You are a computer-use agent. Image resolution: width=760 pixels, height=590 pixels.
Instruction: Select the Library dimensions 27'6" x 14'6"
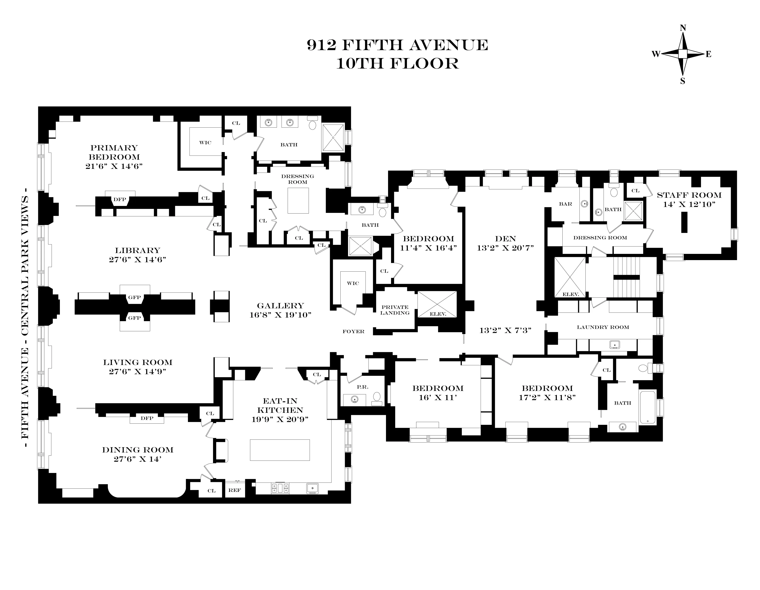tap(137, 259)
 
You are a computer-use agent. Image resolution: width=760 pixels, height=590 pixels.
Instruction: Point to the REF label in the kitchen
tap(234, 490)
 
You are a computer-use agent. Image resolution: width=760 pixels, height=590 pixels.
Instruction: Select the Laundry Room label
tap(603, 327)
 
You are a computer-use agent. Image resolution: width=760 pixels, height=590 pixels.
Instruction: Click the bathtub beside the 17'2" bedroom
tap(648, 407)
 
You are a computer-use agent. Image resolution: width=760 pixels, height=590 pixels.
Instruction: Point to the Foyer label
tap(353, 331)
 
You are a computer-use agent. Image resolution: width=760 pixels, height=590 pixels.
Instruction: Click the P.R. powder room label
tap(362, 387)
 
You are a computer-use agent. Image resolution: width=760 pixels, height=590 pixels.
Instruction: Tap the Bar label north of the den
tap(565, 204)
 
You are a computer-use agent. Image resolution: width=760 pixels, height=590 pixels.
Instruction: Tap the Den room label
tap(505, 239)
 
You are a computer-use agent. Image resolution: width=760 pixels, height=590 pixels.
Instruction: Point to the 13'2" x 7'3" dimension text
tap(505, 330)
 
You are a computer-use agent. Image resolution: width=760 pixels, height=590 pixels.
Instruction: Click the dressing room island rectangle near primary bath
tap(298, 200)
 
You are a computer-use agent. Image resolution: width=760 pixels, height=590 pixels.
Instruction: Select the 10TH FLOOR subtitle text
tap(398, 64)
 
